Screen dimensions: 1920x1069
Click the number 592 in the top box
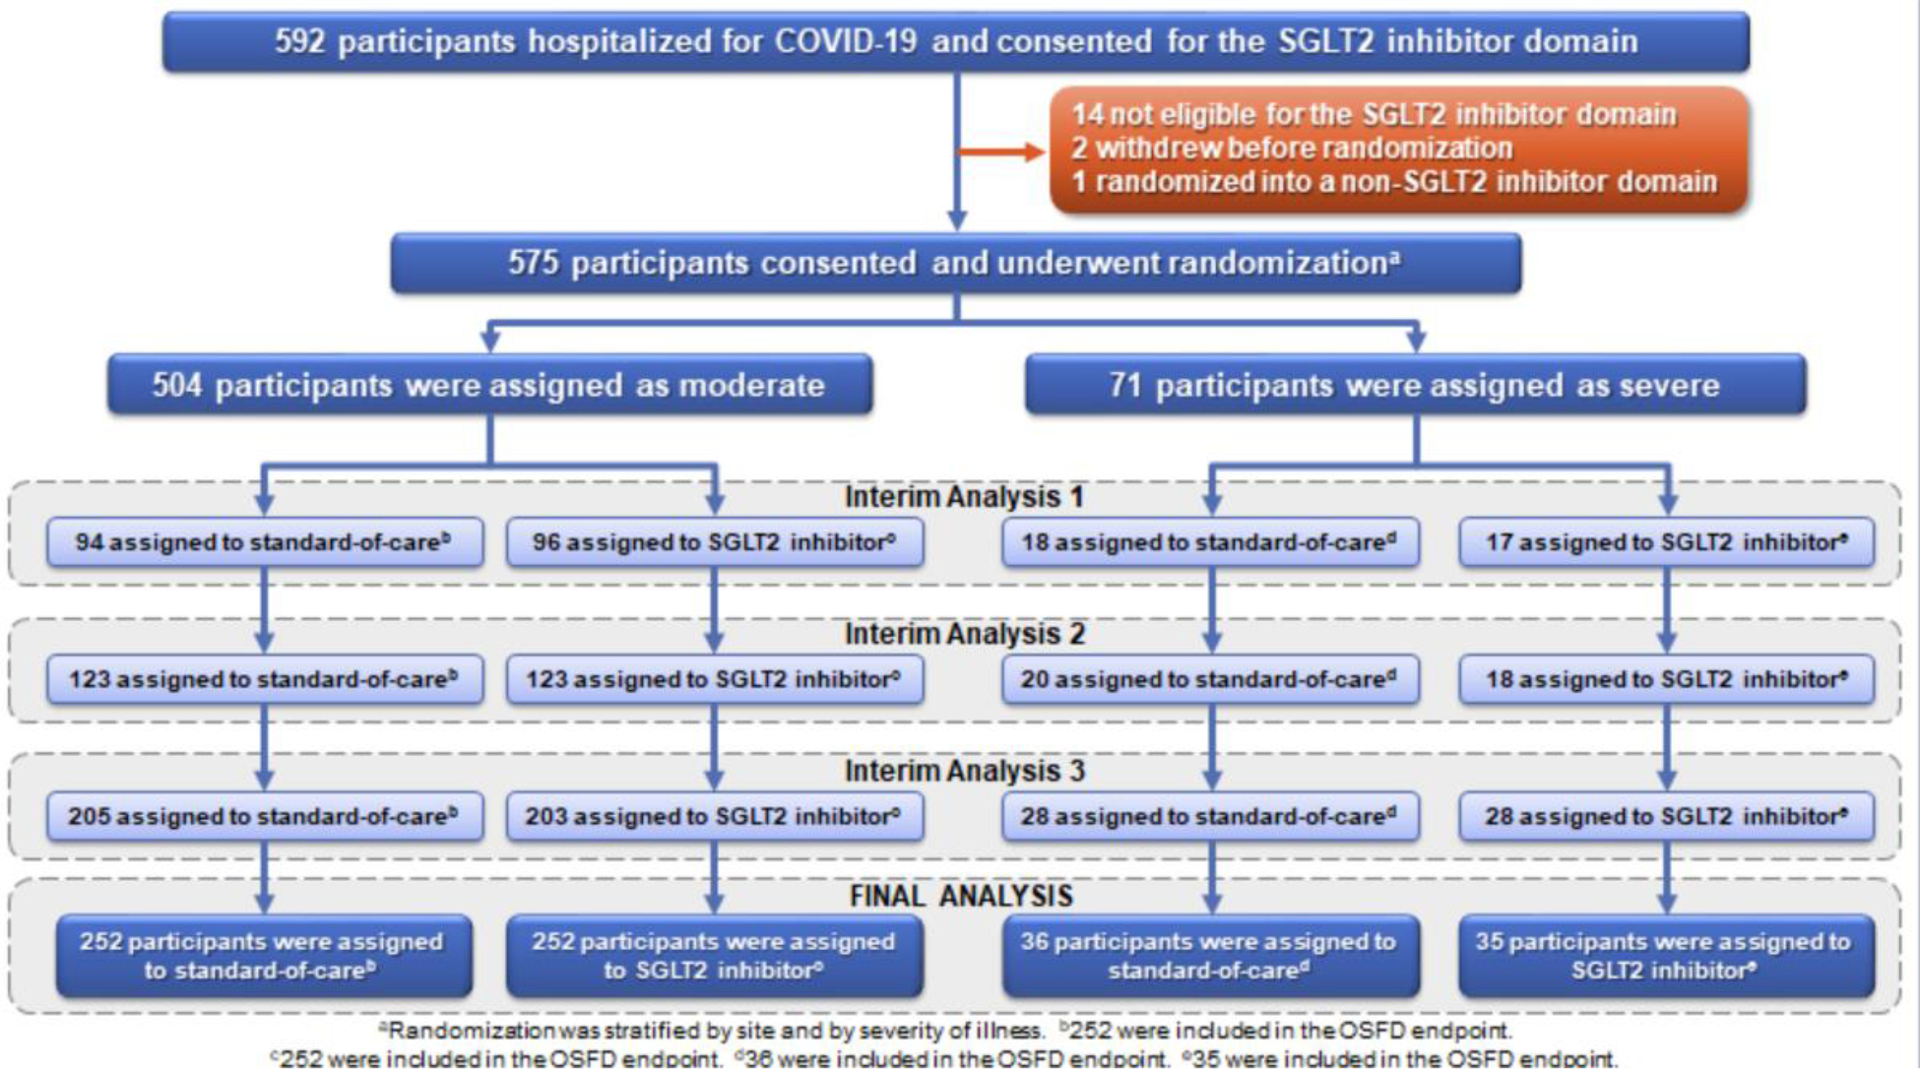tap(298, 41)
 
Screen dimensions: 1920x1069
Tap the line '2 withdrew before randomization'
tap(1292, 149)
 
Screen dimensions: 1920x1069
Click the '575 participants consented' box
tap(955, 263)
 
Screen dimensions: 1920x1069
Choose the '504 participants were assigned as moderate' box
tap(489, 385)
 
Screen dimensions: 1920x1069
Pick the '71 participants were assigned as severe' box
tap(1415, 385)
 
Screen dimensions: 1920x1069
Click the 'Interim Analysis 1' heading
tap(963, 497)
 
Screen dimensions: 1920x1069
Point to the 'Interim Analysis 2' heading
tap(963, 634)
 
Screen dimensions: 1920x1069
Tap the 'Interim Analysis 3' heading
tap(963, 771)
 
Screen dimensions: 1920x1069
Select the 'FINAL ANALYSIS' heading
tap(961, 896)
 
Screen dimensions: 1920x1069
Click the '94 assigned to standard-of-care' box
tap(264, 542)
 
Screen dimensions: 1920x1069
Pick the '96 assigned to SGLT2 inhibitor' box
tap(715, 542)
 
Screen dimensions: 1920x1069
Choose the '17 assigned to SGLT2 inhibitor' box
tap(1666, 542)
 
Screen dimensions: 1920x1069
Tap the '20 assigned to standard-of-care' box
tap(1210, 679)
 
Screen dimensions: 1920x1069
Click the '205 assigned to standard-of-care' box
tap(264, 816)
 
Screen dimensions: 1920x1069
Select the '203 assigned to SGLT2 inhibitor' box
tap(715, 816)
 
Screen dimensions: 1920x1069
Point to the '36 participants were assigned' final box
tap(1210, 956)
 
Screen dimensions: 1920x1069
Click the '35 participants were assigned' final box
tap(1666, 956)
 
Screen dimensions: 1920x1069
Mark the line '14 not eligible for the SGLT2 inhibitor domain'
tap(1374, 115)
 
